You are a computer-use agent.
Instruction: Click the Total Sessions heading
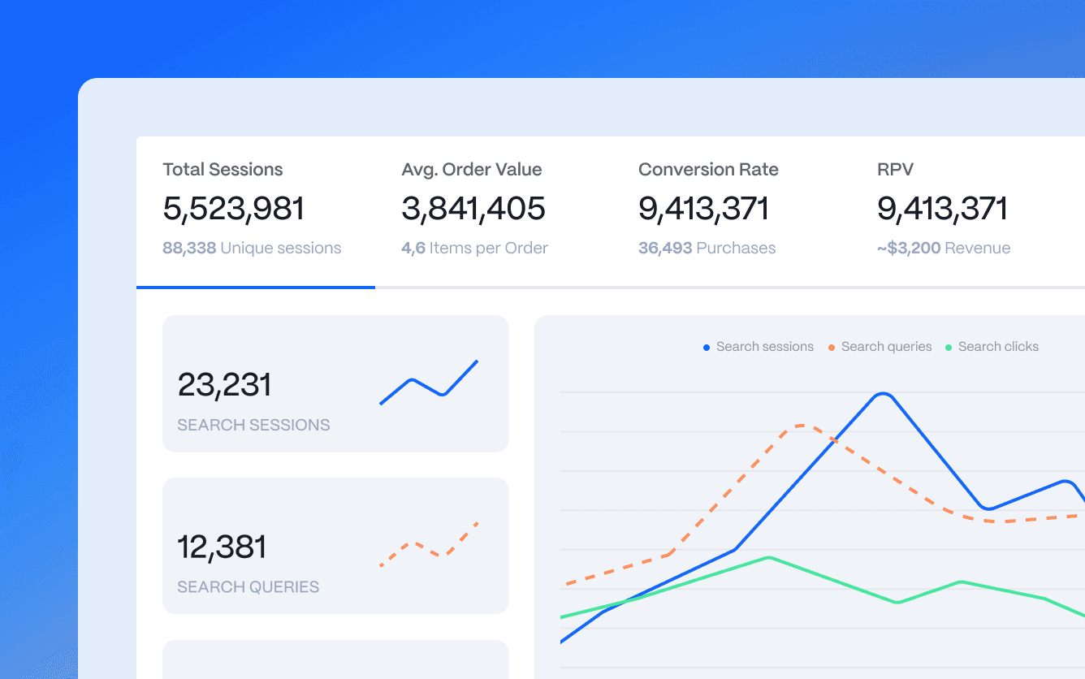223,170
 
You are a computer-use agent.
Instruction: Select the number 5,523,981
233,209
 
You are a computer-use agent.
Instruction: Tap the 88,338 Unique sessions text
252,249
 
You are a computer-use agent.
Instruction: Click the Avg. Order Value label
471,170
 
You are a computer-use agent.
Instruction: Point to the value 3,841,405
473,209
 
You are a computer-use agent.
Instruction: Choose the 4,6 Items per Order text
474,249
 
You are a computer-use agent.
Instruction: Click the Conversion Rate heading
708,170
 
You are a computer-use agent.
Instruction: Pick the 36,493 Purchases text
707,249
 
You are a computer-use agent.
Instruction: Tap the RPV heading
895,170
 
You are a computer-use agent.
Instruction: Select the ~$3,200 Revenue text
944,249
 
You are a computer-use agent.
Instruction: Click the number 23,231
224,385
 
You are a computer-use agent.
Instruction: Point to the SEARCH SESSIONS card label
253,425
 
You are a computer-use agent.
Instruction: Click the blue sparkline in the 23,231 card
429,383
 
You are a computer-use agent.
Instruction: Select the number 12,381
222,547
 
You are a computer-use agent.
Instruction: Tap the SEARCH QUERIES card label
248,587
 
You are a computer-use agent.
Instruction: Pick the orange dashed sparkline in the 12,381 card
429,544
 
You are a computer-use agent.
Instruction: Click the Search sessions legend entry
759,347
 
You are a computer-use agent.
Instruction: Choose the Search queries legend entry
880,347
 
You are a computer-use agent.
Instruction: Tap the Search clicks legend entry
992,347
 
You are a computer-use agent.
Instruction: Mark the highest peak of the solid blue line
884,394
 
